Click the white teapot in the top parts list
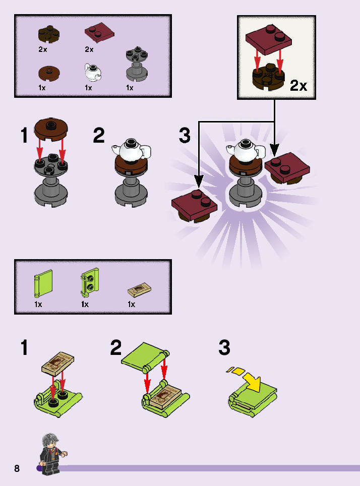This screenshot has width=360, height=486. tap(92, 72)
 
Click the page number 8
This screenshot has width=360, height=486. tap(17, 468)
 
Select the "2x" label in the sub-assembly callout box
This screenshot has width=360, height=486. tap(298, 86)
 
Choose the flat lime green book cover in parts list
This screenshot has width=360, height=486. tap(43, 284)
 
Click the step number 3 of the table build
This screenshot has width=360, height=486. tap(185, 136)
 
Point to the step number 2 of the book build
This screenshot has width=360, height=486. tap(116, 348)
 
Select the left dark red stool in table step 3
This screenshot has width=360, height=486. tap(194, 205)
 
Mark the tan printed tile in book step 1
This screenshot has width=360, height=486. tap(58, 363)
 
